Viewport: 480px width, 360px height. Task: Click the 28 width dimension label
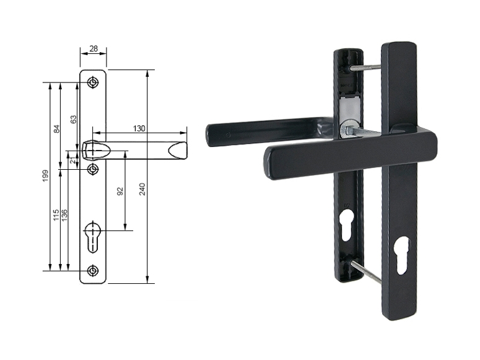(x=94, y=48)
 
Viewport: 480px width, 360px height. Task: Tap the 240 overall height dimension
(x=142, y=189)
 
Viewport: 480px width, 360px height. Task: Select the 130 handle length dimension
(x=139, y=128)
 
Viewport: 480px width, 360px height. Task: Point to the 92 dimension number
(x=120, y=191)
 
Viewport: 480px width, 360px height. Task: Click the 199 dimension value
(x=45, y=176)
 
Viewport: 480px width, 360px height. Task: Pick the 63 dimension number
(x=73, y=119)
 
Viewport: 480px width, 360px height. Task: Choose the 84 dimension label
(x=56, y=129)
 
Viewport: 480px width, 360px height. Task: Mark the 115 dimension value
(x=56, y=215)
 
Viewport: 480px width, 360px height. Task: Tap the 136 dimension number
(x=64, y=215)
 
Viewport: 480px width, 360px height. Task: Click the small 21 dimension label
(x=72, y=160)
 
